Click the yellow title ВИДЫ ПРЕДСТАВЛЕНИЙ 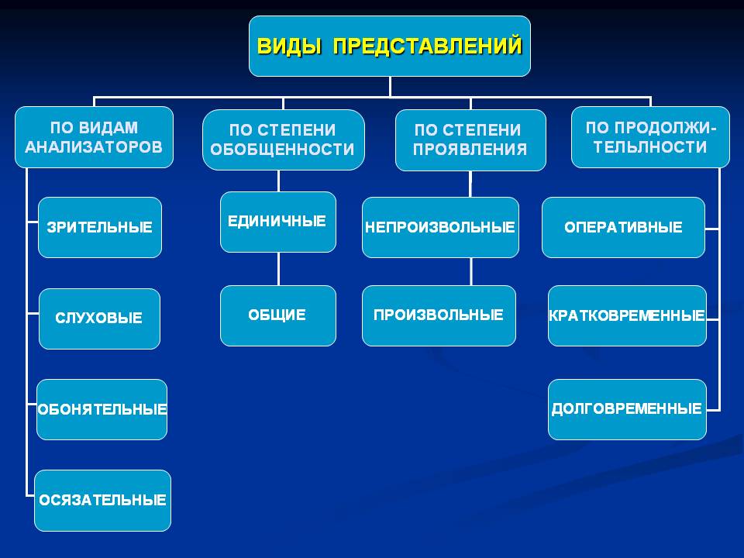coord(390,46)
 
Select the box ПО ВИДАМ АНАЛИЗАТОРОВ coord(94,137)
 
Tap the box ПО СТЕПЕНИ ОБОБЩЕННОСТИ coord(284,139)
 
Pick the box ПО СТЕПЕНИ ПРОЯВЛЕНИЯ coord(470,140)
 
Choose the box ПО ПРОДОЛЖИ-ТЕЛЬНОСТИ coord(650,137)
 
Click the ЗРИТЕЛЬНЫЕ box coord(100,227)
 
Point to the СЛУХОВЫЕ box coord(99,319)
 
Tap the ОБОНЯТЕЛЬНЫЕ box coord(102,409)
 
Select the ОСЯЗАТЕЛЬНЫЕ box coord(102,501)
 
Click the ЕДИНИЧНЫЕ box coord(278,222)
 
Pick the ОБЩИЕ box coord(278,315)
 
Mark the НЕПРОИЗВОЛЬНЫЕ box coord(440,227)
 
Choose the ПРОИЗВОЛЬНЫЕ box coord(439,315)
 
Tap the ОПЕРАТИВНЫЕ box coord(623,227)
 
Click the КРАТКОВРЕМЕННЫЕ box coord(627,315)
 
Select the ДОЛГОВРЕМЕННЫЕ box coord(627,409)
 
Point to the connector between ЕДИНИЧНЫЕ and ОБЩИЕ coord(278,269)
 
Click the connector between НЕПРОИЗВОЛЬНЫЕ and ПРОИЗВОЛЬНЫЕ coord(470,271)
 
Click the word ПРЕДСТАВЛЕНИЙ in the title coord(428,46)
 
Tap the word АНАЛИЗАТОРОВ coord(94,147)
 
